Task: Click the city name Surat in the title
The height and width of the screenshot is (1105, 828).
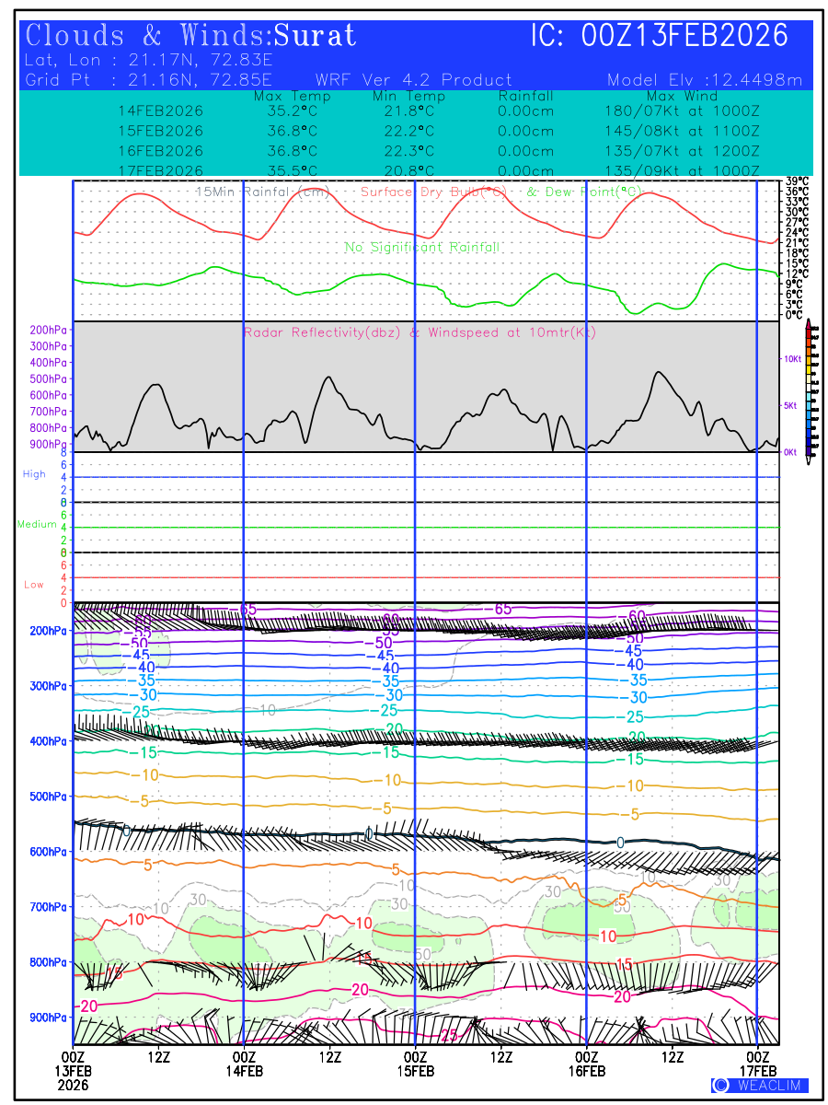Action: pos(315,36)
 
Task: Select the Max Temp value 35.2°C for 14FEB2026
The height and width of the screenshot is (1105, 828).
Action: pos(286,110)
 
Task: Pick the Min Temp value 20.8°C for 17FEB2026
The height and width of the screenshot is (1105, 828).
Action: pos(409,171)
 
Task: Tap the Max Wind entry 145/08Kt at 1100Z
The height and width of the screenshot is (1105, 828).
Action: pos(677,131)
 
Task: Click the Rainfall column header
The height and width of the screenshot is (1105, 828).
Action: pos(525,96)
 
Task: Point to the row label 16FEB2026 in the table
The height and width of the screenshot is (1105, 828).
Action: pos(161,151)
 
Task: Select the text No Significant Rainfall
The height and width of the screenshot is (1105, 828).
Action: pos(422,248)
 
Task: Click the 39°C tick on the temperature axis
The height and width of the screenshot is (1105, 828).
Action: pos(797,181)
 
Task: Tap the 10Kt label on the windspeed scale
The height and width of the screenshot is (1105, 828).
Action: pos(789,358)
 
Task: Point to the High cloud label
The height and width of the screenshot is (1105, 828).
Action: pos(34,474)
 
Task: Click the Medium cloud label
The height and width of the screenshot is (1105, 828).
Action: pos(37,525)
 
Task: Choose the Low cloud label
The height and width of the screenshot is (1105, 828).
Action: pos(34,585)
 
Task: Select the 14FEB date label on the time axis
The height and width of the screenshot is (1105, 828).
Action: pos(244,1071)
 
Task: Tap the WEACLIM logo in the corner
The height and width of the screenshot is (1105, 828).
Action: pos(759,1086)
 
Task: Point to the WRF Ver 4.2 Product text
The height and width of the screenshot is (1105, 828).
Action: pos(413,80)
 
